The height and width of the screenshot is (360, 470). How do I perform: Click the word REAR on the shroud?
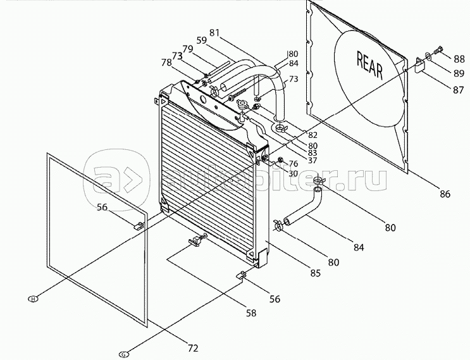click(371, 65)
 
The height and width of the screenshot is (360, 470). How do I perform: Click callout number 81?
click(214, 32)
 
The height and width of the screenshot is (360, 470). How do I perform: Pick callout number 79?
click(188, 49)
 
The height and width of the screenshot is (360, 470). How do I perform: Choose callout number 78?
click(166, 62)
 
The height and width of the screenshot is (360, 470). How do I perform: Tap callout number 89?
click(459, 74)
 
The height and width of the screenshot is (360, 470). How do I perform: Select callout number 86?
click(445, 194)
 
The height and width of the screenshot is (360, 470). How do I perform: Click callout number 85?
click(314, 273)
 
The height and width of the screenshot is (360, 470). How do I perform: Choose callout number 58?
click(252, 312)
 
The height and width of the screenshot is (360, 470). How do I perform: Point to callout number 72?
click(192, 347)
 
